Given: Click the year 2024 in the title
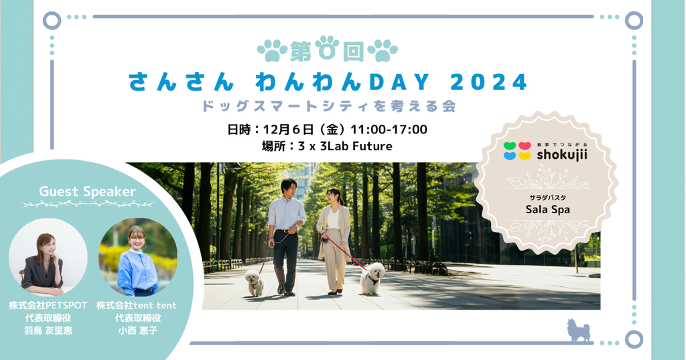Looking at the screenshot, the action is click(x=488, y=82).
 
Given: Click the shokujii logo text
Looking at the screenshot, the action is click(x=562, y=154).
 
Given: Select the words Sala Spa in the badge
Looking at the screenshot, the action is click(x=548, y=210).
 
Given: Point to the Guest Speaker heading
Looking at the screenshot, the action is click(x=88, y=191).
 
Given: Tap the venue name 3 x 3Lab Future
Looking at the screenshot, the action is click(x=345, y=146).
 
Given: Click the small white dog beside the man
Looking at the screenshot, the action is click(x=254, y=282).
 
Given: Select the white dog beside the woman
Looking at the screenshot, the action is click(x=372, y=278).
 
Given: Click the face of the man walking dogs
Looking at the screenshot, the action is click(x=289, y=189).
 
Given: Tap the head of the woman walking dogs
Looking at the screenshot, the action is click(x=333, y=196).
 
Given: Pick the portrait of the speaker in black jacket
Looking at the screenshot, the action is click(x=48, y=257).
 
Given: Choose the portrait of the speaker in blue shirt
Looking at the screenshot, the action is click(x=138, y=257).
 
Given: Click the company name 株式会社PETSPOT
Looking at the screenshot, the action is click(x=48, y=305).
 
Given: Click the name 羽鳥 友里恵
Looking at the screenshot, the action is click(x=48, y=331).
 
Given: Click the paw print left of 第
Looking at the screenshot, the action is click(x=273, y=50).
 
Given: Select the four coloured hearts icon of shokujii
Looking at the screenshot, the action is click(x=517, y=151).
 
